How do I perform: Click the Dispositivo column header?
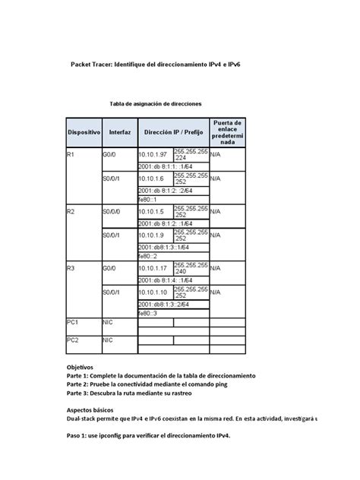pyautogui.click(x=84, y=131)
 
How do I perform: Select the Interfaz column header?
pyautogui.click(x=119, y=131)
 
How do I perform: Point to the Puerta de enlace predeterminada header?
pyautogui.click(x=228, y=131)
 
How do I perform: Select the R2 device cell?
pyautogui.click(x=71, y=211)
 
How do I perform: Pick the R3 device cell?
pyautogui.click(x=71, y=268)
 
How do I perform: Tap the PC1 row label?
pyautogui.click(x=73, y=323)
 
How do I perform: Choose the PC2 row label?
pyautogui.click(x=73, y=340)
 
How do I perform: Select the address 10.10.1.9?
pyautogui.click(x=152, y=235)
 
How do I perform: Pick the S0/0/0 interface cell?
pyautogui.click(x=114, y=211)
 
